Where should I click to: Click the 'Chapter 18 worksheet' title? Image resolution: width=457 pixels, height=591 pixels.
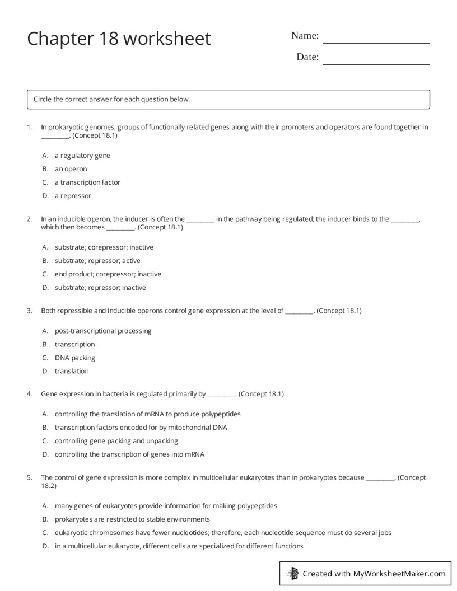[x=119, y=39]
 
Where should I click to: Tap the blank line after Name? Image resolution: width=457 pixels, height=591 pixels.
[x=376, y=39]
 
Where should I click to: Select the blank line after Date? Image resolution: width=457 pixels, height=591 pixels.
[x=376, y=60]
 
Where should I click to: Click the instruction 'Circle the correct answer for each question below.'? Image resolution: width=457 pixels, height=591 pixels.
[x=111, y=100]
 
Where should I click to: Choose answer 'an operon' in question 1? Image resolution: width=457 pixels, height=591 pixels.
[x=71, y=169]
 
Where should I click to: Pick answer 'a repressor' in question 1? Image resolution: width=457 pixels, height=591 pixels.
[x=72, y=196]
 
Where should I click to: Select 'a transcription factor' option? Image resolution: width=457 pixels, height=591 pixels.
[x=87, y=182]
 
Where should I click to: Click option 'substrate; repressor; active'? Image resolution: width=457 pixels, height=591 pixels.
[x=97, y=261]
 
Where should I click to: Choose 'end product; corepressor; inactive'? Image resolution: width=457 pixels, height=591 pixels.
[x=108, y=274]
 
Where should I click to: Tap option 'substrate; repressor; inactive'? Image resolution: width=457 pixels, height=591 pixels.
[x=100, y=288]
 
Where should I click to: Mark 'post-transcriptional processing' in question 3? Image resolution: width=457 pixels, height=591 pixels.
[x=103, y=331]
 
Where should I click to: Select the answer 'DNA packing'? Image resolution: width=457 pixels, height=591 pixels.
[x=74, y=358]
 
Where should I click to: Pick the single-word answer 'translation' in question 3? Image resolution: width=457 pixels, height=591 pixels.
[x=72, y=371]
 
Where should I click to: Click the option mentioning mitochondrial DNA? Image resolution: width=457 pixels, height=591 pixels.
[x=141, y=428]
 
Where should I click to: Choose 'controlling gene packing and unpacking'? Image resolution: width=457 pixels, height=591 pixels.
[x=116, y=441]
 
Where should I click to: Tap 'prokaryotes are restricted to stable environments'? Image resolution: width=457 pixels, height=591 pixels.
[x=132, y=519]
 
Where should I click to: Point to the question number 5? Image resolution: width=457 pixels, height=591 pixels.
[x=29, y=478]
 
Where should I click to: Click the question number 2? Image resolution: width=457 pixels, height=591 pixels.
[x=29, y=219]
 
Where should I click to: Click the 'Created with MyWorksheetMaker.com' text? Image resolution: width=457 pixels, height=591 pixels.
[x=374, y=574]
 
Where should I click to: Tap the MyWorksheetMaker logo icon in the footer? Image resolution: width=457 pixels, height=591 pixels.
[x=292, y=574]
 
